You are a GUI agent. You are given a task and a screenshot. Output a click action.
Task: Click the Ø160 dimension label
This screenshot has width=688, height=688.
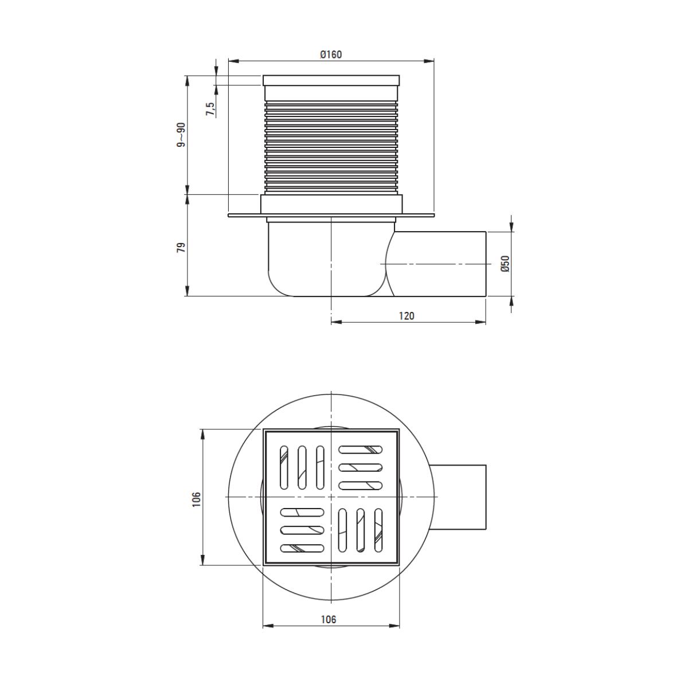click(x=331, y=54)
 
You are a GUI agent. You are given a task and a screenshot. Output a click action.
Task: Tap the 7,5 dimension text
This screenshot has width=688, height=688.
click(x=210, y=109)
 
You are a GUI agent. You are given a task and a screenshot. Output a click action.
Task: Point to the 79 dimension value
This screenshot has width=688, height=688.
click(x=181, y=248)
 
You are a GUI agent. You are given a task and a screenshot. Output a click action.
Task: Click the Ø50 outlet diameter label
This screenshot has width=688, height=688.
click(x=505, y=263)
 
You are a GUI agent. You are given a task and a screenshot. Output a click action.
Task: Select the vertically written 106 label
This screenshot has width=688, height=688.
click(x=196, y=499)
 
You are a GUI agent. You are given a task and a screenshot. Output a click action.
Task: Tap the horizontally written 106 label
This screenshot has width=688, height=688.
click(x=329, y=619)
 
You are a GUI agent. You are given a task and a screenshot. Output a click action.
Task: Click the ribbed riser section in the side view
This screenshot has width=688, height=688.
click(x=331, y=146)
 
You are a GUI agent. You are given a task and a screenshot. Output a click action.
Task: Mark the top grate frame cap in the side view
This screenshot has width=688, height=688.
click(x=331, y=80)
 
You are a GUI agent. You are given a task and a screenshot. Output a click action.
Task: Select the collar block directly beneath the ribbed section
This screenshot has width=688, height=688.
click(x=331, y=204)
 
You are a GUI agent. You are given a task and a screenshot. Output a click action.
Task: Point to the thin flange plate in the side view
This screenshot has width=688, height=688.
click(x=247, y=216)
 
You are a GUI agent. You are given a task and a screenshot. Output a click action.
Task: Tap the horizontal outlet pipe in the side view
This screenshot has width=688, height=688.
click(x=441, y=264)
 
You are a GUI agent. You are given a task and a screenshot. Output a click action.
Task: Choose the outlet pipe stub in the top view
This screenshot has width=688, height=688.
click(x=459, y=497)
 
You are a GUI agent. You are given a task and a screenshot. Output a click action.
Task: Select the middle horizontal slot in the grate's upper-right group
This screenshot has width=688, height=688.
click(x=361, y=467)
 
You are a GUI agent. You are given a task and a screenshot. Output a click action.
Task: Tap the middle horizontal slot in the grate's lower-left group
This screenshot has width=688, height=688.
click(x=302, y=529)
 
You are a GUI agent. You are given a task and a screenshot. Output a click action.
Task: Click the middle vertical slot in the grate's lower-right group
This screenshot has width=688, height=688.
click(x=360, y=530)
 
